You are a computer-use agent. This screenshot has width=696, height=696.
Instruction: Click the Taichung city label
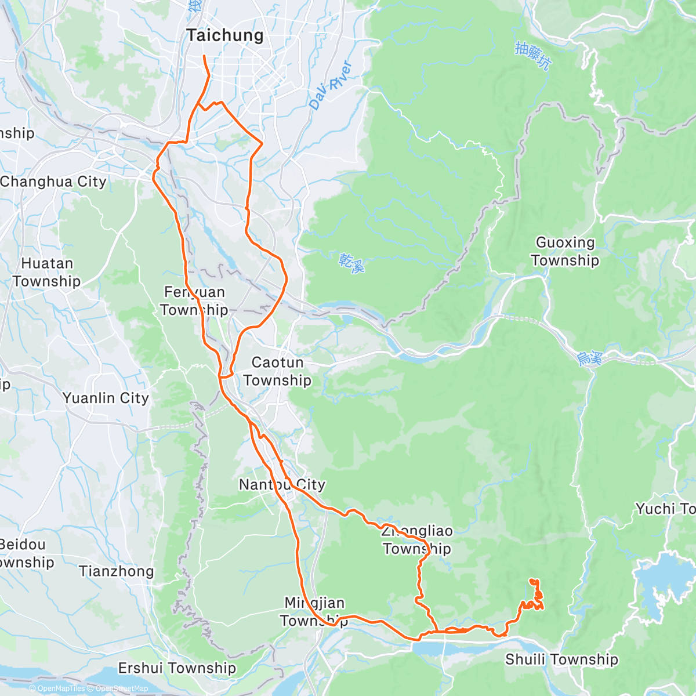click(x=225, y=35)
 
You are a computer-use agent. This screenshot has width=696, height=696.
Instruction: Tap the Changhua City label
click(x=53, y=182)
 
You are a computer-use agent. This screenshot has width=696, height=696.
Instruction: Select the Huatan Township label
click(x=46, y=272)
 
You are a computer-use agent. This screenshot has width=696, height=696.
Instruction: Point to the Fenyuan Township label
click(x=194, y=301)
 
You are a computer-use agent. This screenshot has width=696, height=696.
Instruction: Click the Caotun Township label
click(x=277, y=371)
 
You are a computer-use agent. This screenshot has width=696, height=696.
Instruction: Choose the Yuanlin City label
click(x=106, y=398)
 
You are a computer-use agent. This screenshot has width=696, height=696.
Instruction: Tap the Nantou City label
click(x=282, y=484)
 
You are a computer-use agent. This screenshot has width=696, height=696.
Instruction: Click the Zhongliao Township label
click(x=416, y=539)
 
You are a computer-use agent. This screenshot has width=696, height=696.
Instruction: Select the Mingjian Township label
click(x=314, y=612)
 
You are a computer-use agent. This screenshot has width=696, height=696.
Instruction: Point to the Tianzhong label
click(x=117, y=571)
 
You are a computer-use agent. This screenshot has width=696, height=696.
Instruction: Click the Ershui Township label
click(x=177, y=668)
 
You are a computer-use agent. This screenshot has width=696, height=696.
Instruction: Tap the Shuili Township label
click(x=561, y=659)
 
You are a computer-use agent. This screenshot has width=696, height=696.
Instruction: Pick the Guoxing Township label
click(x=565, y=251)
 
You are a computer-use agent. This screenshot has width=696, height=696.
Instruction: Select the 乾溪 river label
click(x=352, y=263)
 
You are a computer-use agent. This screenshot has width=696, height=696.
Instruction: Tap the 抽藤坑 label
click(x=532, y=56)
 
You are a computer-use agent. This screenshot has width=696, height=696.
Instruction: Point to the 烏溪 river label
click(x=589, y=358)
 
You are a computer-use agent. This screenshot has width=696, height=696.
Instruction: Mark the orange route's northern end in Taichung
click(x=204, y=56)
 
